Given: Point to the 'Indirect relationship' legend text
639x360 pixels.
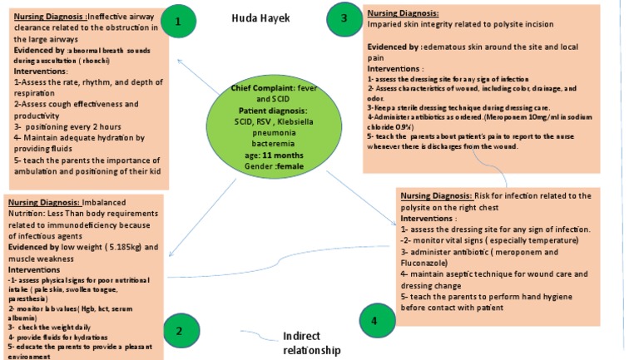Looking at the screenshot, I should [312, 343].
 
